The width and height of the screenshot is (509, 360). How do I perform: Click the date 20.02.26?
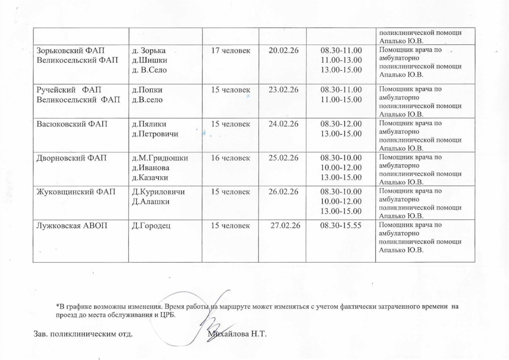pyautogui.click(x=283, y=51)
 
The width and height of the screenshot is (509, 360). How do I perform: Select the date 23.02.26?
pyautogui.click(x=283, y=89)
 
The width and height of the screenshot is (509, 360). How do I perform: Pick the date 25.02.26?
pyautogui.click(x=283, y=158)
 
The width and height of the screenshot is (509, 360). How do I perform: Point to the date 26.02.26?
pyautogui.click(x=283, y=192)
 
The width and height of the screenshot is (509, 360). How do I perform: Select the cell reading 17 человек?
pyautogui.click(x=230, y=51)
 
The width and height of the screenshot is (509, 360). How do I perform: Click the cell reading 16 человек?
pyautogui.click(x=230, y=158)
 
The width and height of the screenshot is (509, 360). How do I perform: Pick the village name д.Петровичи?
pyautogui.click(x=155, y=134)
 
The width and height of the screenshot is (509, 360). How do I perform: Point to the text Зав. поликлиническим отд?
pyautogui.click(x=83, y=335)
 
